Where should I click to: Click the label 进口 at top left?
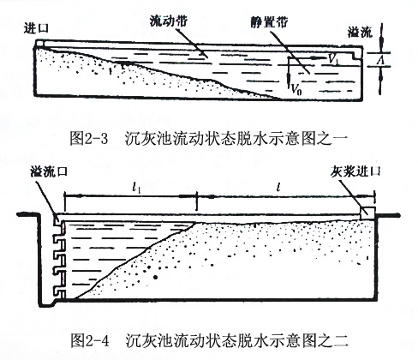click(x=36, y=29)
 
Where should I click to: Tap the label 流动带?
click(x=169, y=21)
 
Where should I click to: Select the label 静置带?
click(x=270, y=21)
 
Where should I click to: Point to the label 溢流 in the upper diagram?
click(x=360, y=32)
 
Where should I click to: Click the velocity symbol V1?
click(x=333, y=59)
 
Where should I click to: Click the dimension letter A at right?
click(x=379, y=60)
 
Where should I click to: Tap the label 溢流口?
click(x=49, y=171)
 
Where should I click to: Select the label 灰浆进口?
click(x=355, y=172)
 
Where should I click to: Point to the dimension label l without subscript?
click(x=279, y=188)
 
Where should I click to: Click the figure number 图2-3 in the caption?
click(x=89, y=139)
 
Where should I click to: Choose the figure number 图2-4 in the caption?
click(x=89, y=341)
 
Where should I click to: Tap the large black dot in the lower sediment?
click(x=156, y=277)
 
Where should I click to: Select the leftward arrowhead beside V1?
click(x=314, y=57)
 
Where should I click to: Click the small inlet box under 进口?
click(x=40, y=44)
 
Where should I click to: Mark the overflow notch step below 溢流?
click(x=356, y=56)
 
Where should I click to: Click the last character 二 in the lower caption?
click(x=342, y=341)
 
